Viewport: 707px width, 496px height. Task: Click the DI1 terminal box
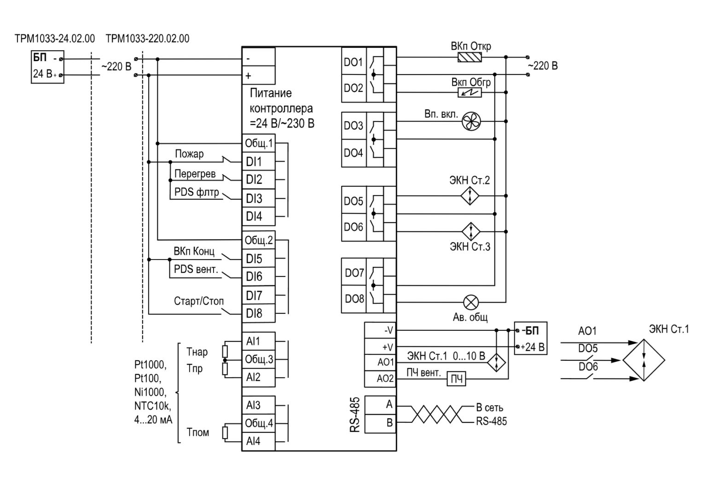259,161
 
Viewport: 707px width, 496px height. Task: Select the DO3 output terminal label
353,126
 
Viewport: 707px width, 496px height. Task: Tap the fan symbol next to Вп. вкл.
471,121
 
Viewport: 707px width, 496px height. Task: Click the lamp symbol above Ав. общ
470,303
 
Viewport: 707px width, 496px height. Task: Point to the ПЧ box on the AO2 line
457,379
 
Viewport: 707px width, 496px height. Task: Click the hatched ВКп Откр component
469,58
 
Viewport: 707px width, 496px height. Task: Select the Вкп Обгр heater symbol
469,93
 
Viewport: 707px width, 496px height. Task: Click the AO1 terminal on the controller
380,362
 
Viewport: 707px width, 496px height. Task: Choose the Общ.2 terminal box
259,241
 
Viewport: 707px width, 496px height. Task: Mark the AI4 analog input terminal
259,441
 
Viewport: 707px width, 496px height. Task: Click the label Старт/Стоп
198,301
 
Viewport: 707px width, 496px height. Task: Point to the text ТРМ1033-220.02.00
147,39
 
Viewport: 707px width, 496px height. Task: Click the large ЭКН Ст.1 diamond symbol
643,360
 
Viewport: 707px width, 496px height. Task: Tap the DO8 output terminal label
354,299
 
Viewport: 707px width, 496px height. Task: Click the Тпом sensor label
197,432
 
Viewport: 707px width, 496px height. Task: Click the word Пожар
189,154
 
